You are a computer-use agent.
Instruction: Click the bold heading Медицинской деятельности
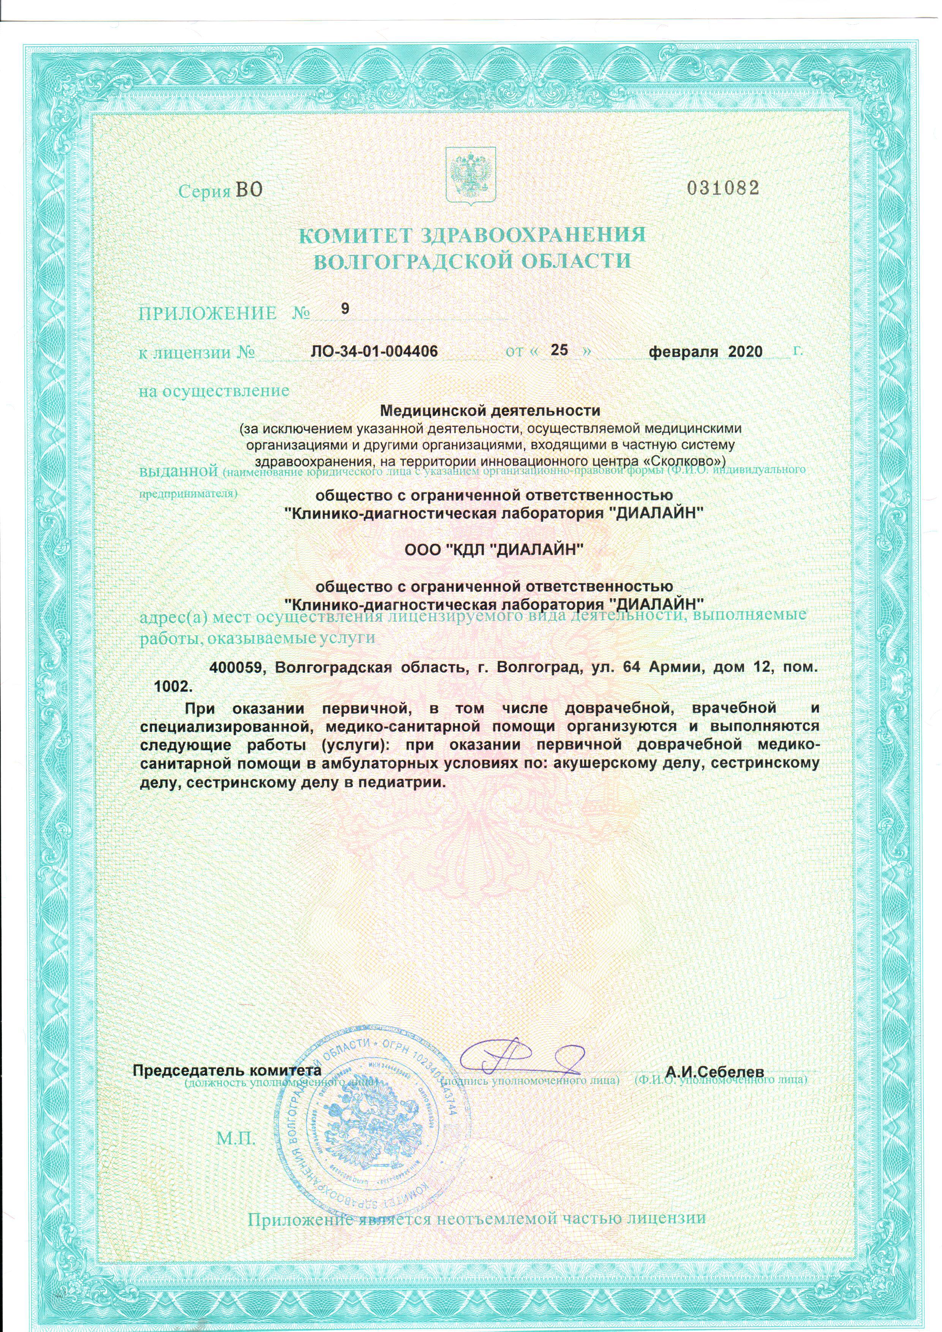(x=490, y=411)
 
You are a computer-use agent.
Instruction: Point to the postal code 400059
(x=238, y=667)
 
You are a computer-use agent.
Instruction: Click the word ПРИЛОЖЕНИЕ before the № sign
(x=207, y=314)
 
